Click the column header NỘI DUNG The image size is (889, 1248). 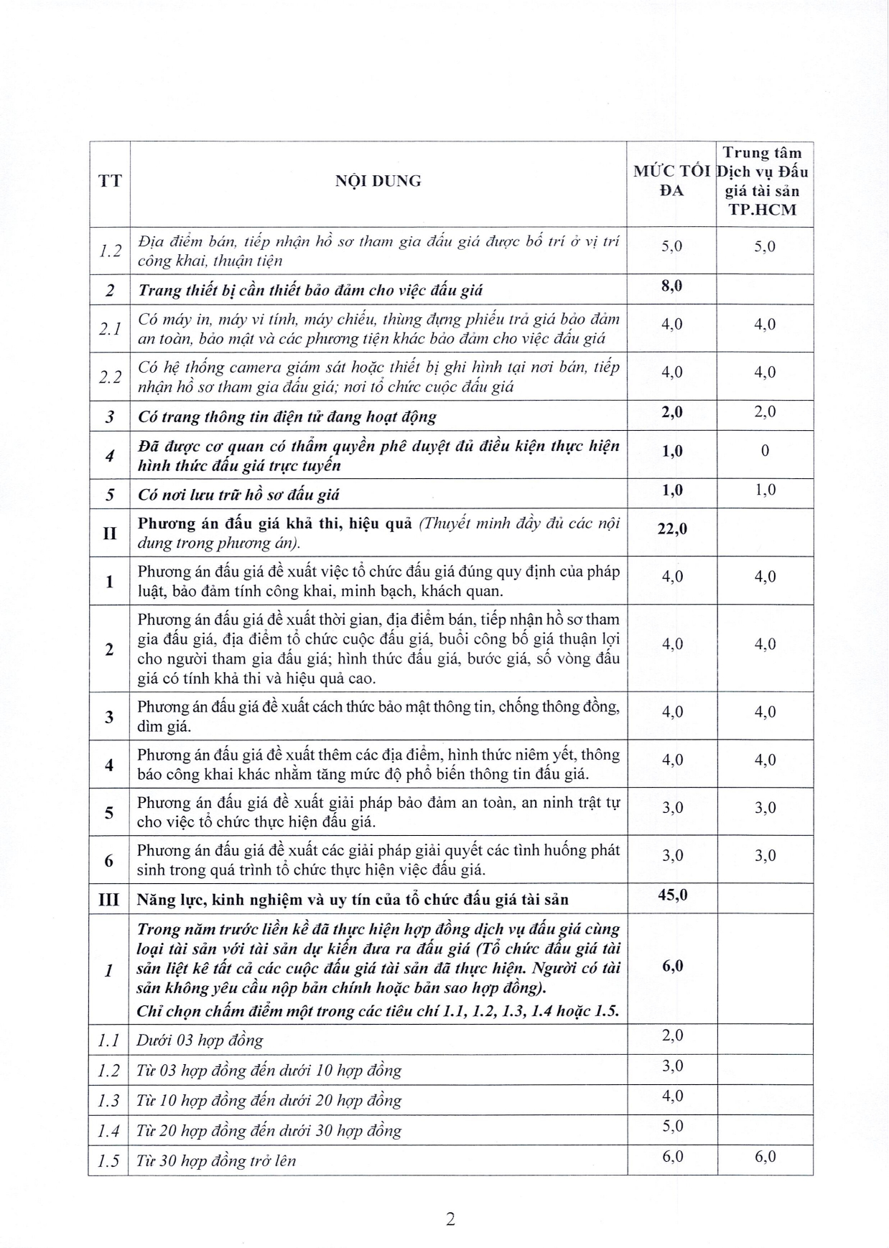click(378, 181)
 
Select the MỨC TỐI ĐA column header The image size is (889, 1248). click(671, 181)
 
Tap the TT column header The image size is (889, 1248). click(110, 181)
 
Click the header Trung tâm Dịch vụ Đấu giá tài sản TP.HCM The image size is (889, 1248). click(764, 182)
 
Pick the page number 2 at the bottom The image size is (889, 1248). click(450, 1219)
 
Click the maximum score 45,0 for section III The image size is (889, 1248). click(672, 895)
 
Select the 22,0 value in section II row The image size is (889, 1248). click(672, 528)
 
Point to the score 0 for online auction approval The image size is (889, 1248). click(765, 451)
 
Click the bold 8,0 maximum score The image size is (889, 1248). click(672, 286)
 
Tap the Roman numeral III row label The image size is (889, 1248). click(108, 899)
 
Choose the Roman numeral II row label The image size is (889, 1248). click(109, 533)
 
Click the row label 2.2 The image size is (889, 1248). click(109, 377)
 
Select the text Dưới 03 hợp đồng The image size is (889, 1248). click(200, 1040)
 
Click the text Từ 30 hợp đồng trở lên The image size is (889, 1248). click(216, 1161)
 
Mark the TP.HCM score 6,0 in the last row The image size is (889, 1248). click(765, 1157)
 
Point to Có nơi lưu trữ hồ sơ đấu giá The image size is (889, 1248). click(238, 495)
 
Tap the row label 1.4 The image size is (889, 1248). click(108, 1131)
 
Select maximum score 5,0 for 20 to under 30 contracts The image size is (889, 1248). click(672, 1127)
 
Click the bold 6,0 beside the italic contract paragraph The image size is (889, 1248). click(672, 966)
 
